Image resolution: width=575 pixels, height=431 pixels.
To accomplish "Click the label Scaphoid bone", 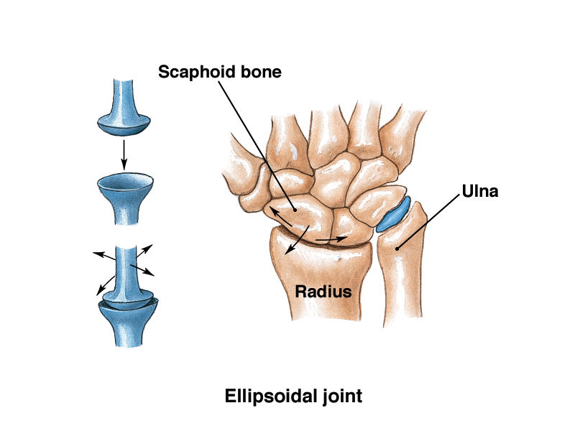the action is click(220, 72).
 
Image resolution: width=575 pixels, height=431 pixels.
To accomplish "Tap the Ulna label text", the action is click(481, 192).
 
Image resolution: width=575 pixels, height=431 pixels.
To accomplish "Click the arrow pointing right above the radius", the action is click(332, 237).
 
